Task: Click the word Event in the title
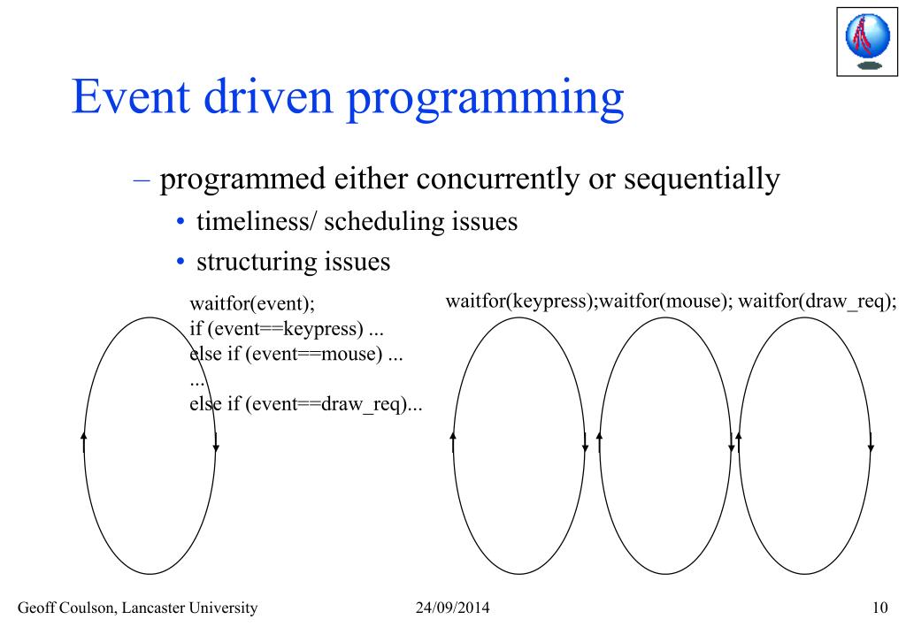(x=131, y=96)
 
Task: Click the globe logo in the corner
(x=867, y=42)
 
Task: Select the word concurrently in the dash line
(x=497, y=179)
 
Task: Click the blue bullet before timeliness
(x=180, y=222)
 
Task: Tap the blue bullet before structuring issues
(x=180, y=263)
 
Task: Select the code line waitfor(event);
(x=252, y=303)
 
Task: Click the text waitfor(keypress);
(x=522, y=302)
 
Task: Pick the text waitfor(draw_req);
(x=818, y=302)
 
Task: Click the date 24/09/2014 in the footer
(x=452, y=608)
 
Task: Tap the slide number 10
(x=879, y=608)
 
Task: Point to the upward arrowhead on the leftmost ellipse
(x=84, y=436)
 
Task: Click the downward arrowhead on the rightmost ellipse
(x=871, y=447)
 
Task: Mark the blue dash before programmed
(x=142, y=180)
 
